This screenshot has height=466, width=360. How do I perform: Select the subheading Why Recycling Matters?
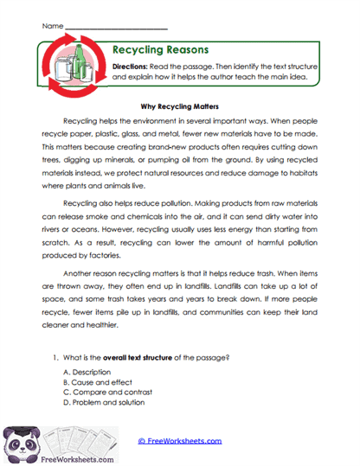tap(179, 105)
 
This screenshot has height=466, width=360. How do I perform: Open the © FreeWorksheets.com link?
tap(180, 441)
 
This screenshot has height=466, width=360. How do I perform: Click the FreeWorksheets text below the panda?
tap(42, 459)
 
